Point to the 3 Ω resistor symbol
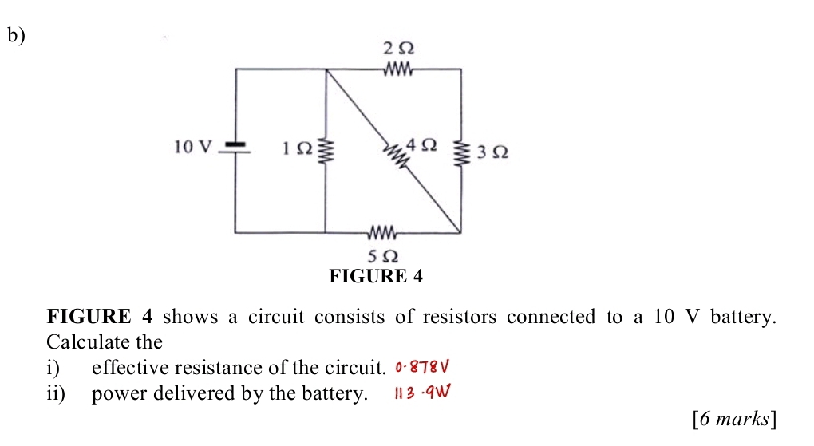[461, 152]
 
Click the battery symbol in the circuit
[235, 148]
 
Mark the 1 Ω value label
[294, 148]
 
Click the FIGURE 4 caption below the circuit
[375, 277]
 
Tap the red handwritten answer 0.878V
[423, 368]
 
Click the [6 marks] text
[736, 418]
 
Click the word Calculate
[82, 342]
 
